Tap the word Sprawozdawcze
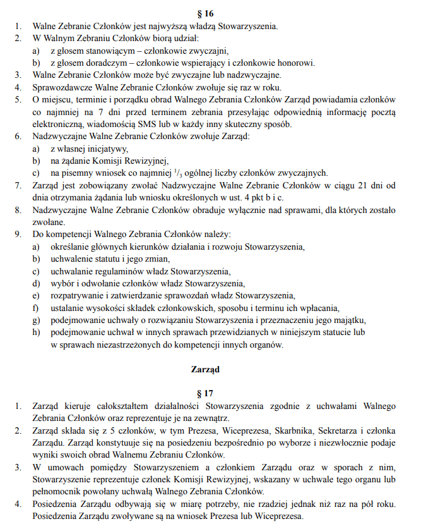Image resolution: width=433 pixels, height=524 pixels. pyautogui.click(x=60, y=87)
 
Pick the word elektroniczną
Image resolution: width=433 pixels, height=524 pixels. pyautogui.click(x=58, y=124)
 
